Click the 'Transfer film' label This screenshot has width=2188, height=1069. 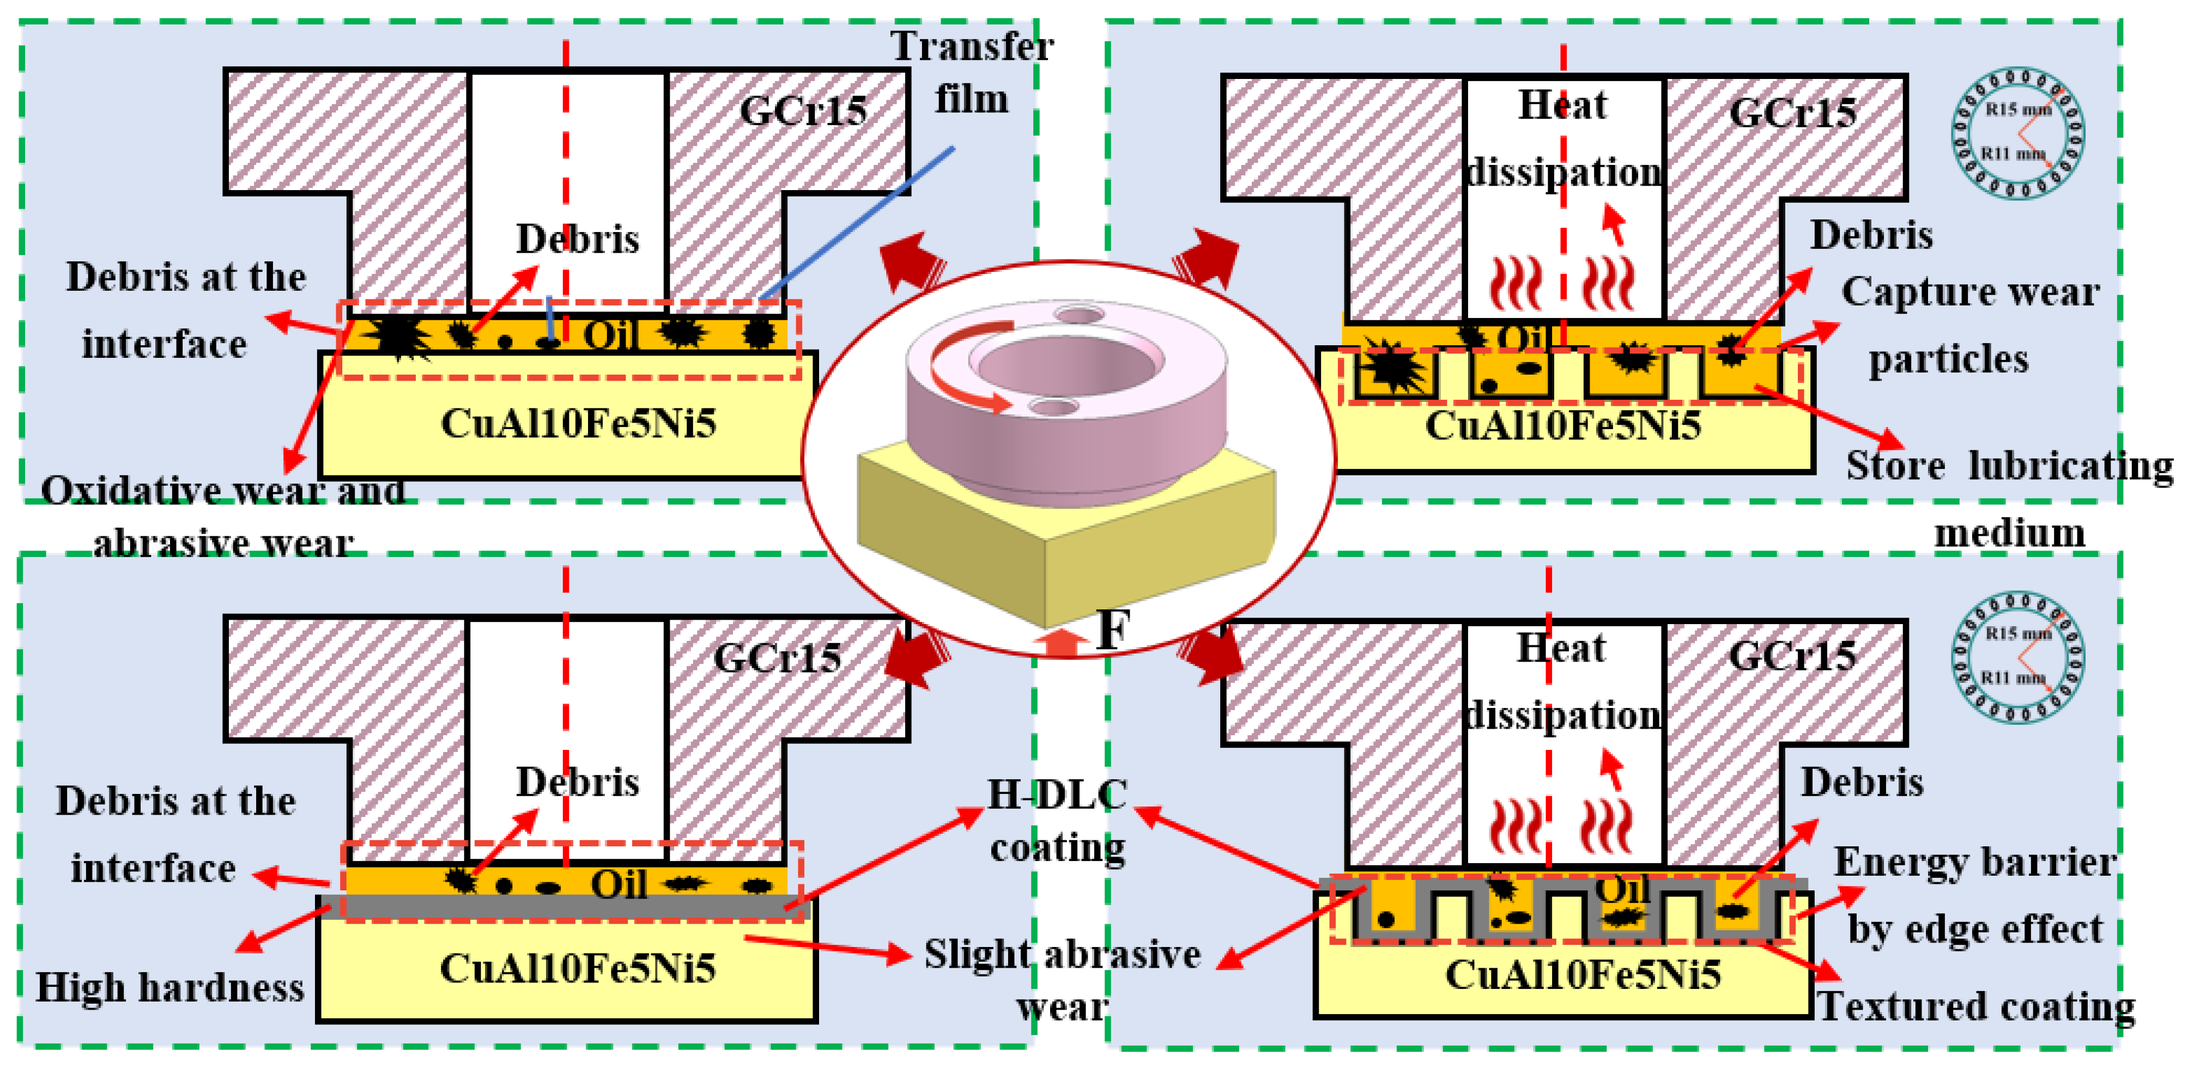point(972,72)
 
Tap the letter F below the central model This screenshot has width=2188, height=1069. point(1112,630)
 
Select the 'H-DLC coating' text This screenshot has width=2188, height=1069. point(1057,820)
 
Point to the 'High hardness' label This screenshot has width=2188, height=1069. point(170,987)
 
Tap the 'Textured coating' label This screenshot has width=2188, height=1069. point(1975,1006)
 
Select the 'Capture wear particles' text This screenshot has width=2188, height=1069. point(1969,325)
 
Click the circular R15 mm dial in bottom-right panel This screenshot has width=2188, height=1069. point(2017,656)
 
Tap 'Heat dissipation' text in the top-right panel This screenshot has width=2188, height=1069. point(1563,138)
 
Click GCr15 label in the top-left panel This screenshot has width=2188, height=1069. point(803,111)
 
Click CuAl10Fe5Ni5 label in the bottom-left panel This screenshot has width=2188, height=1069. point(578,968)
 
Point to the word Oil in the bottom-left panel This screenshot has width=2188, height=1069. point(619,885)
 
